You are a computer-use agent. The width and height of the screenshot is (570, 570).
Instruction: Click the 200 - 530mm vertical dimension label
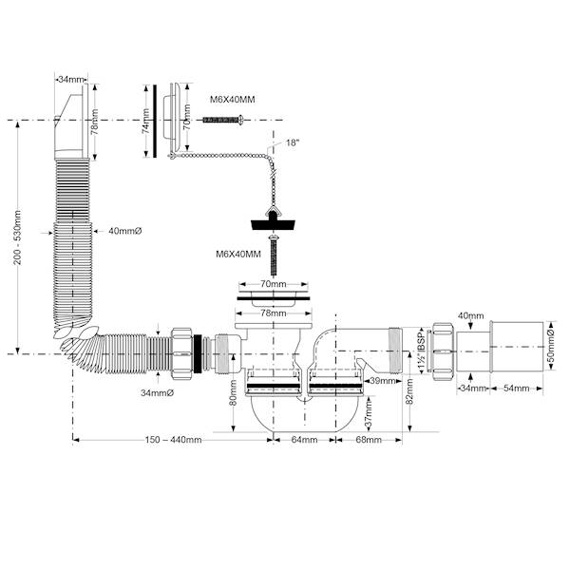click(17, 237)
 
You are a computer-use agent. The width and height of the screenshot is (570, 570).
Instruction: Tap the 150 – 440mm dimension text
click(173, 440)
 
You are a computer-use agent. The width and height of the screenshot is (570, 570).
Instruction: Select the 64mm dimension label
click(304, 440)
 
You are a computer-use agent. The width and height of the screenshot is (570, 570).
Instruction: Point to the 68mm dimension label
click(369, 440)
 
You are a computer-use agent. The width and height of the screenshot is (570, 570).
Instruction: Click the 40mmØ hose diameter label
click(124, 231)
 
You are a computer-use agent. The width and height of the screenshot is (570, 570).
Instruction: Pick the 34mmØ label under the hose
click(157, 393)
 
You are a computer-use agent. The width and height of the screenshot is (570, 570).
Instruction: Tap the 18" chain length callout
click(293, 142)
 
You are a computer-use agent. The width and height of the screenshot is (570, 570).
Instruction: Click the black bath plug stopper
click(273, 221)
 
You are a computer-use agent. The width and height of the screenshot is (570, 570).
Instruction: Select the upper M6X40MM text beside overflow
click(233, 100)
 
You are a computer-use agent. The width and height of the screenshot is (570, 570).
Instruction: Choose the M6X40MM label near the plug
click(238, 254)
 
